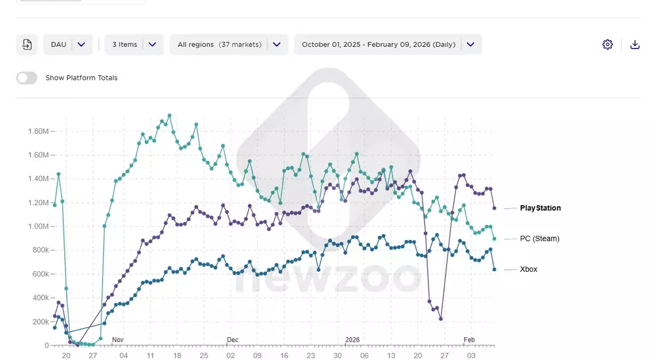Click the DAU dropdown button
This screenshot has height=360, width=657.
68,44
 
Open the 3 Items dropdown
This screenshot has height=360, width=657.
134,44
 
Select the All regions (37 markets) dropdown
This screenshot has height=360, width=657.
229,44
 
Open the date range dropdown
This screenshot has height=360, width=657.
388,44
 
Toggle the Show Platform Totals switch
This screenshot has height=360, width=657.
26,78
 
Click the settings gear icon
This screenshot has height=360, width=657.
607,44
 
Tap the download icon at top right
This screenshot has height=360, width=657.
635,44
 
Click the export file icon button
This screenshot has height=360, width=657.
27,44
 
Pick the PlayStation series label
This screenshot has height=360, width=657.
540,208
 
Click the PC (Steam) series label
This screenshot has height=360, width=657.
539,239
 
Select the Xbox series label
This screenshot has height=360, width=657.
529,269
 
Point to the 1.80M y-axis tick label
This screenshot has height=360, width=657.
38,131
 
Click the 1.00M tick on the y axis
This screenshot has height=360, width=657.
38,227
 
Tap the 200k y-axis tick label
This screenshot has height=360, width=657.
40,322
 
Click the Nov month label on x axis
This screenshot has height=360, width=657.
118,340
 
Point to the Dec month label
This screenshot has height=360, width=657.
232,340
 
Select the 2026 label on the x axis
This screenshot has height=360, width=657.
352,340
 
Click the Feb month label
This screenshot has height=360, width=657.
469,340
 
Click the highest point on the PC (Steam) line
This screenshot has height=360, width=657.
169,115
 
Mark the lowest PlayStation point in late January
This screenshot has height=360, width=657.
440,319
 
